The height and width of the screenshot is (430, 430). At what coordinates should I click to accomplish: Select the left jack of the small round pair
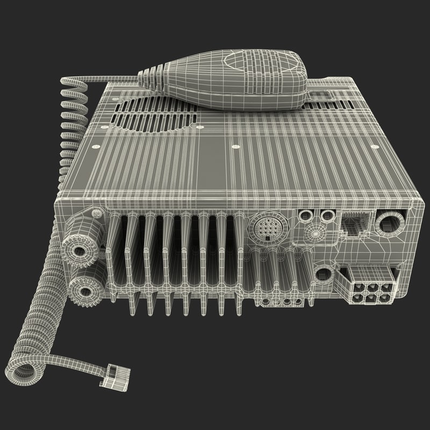307,216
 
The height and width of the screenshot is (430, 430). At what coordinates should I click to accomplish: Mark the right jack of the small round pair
326,216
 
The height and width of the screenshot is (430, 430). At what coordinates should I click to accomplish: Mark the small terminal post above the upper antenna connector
97,213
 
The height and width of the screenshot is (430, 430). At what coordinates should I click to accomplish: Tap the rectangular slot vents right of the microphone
321,97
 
